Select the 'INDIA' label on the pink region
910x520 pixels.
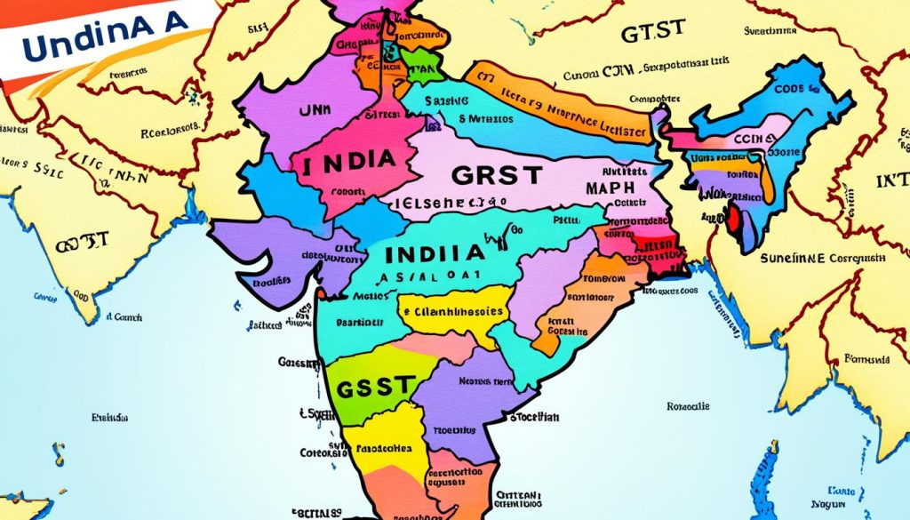pos(347,164)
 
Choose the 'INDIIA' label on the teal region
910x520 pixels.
pos(435,252)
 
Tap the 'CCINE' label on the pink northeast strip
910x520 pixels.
pos(751,140)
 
